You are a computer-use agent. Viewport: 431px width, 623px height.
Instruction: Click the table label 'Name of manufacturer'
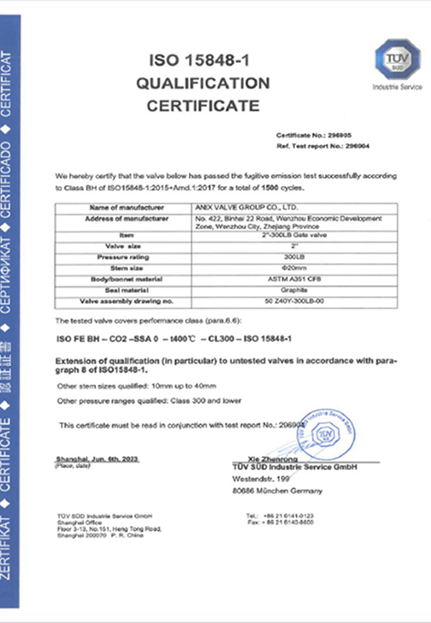[123, 209]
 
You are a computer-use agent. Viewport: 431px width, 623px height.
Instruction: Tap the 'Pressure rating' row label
[123, 258]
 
